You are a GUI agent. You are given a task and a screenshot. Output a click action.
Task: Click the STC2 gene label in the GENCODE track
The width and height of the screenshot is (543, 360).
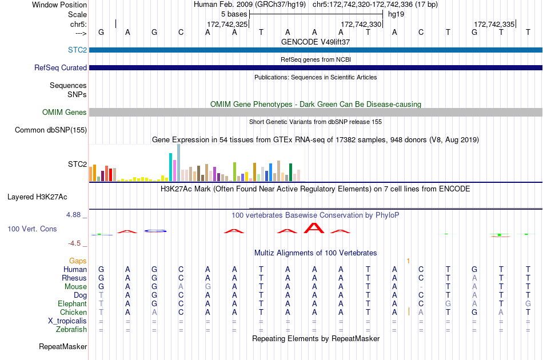77,50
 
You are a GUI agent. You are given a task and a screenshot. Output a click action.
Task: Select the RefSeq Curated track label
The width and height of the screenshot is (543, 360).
61,67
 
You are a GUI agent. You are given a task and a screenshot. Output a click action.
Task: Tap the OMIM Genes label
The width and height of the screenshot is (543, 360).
65,112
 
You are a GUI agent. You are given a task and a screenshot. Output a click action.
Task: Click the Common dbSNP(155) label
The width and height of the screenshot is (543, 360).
51,130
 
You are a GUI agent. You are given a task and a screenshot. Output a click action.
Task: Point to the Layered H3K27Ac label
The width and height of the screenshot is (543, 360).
37,197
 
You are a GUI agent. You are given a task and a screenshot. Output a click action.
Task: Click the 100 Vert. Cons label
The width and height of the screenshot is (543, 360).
32,229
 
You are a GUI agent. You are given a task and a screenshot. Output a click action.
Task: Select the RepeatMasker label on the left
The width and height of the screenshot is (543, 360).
63,346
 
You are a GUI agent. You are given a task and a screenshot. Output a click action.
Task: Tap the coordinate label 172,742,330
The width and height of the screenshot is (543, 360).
361,24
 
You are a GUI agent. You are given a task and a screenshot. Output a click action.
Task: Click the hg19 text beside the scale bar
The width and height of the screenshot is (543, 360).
396,14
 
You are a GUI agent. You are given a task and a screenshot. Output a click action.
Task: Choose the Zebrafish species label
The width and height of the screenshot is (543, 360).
71,329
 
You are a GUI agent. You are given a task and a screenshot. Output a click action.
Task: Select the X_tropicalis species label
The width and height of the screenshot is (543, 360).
67,321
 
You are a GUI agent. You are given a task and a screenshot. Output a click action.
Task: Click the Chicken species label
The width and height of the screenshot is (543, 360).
73,312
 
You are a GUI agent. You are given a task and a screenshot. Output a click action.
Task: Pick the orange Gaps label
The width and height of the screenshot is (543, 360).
78,261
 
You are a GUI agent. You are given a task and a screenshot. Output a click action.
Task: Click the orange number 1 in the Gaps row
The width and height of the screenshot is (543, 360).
408,261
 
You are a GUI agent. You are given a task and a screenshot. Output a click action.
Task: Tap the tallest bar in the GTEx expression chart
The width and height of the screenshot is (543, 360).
179,163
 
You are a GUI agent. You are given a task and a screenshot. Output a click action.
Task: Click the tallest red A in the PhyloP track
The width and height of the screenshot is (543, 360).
314,228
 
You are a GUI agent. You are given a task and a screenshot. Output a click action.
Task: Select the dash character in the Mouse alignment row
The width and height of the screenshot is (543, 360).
421,287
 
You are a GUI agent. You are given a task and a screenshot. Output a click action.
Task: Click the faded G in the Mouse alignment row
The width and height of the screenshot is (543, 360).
208,287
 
